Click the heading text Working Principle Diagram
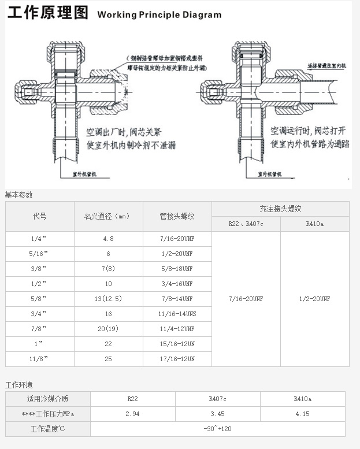(x=159, y=15)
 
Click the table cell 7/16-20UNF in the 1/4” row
(x=177, y=239)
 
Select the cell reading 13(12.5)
(x=108, y=299)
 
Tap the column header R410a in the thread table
(x=314, y=224)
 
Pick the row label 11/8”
(x=39, y=359)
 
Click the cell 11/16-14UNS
(x=177, y=314)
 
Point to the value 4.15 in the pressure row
(x=302, y=414)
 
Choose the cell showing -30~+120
(x=217, y=429)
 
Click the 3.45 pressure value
(x=217, y=414)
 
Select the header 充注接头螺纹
(x=280, y=209)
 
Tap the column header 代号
(x=39, y=216)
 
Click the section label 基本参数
(x=19, y=195)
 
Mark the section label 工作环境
(x=19, y=385)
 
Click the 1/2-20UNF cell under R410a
(x=314, y=299)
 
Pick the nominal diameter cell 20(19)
(x=108, y=329)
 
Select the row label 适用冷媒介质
(x=47, y=399)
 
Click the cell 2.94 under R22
(x=132, y=414)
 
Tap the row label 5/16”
(x=39, y=254)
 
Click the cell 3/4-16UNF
(x=177, y=284)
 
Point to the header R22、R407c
(x=246, y=224)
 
